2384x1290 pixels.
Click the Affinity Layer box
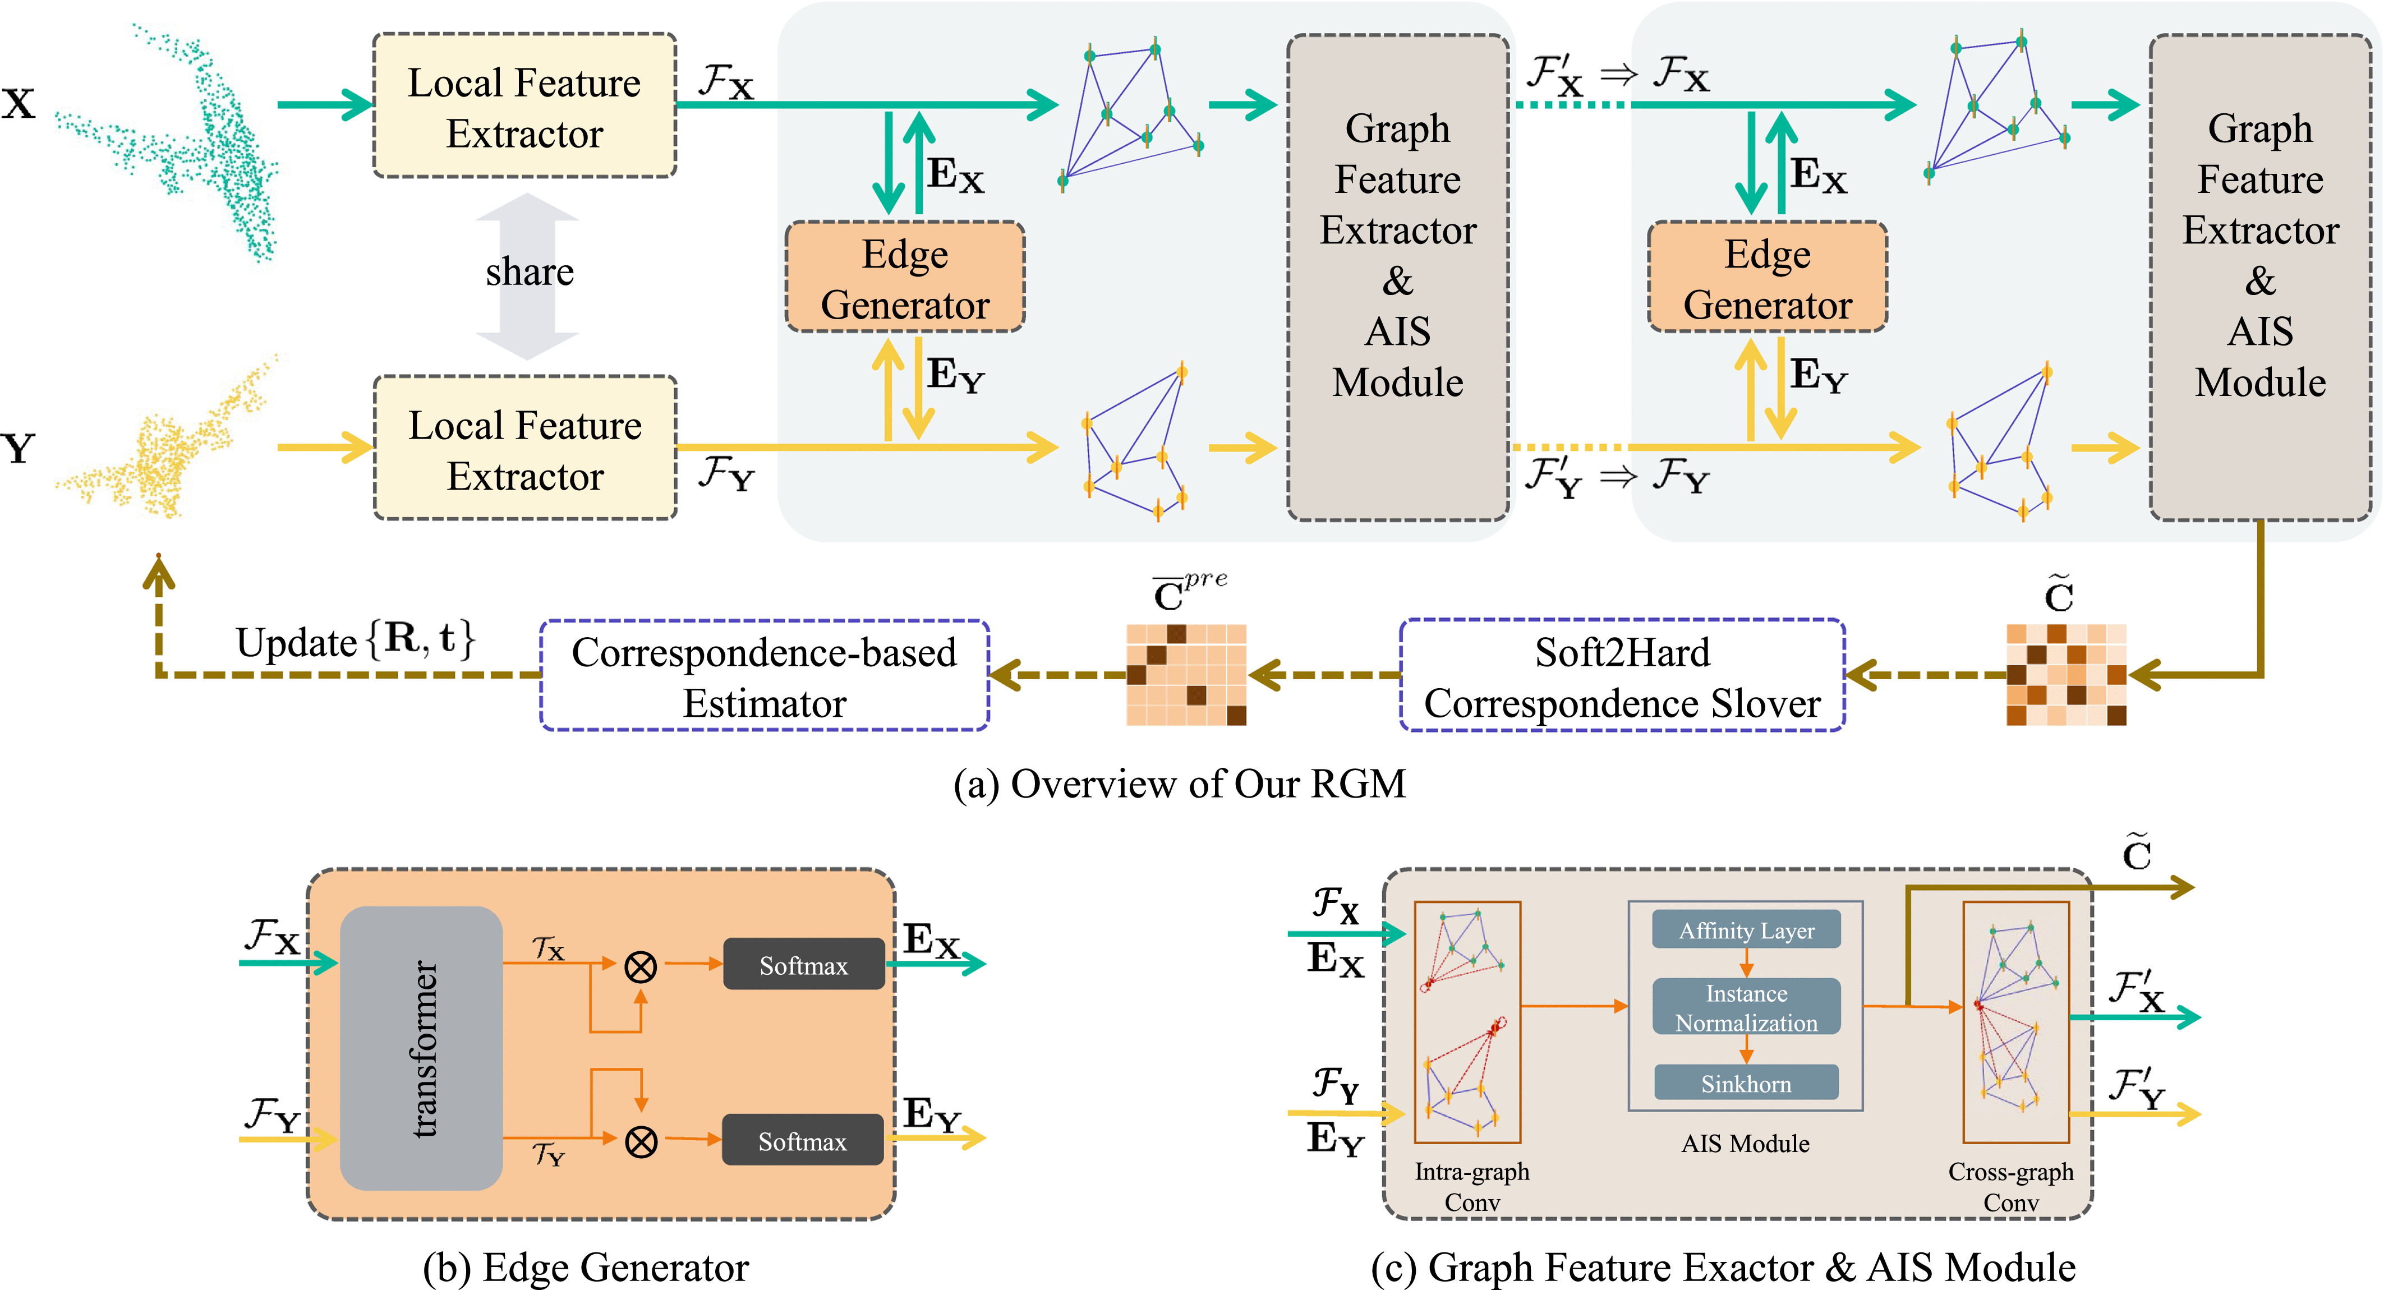point(1746,930)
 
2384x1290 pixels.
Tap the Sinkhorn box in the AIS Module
point(1746,1082)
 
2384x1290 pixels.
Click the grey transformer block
point(421,1048)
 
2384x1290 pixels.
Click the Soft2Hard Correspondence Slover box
point(1622,676)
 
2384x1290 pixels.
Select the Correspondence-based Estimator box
point(765,676)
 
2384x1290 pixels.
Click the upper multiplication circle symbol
point(641,967)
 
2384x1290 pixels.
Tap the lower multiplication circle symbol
point(641,1141)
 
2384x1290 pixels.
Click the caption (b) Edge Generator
point(586,1267)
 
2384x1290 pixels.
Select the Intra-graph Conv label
point(1471,1186)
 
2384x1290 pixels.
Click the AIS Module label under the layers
point(1746,1144)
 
